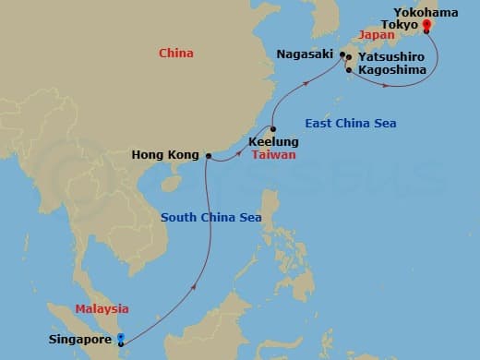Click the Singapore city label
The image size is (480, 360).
click(x=79, y=340)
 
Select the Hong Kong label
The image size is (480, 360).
click(x=167, y=155)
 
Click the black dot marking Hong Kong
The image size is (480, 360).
click(x=209, y=155)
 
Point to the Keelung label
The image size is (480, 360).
click(x=273, y=142)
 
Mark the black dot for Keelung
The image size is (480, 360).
click(x=273, y=129)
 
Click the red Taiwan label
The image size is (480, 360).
click(x=275, y=155)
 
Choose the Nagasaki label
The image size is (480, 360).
click(x=306, y=55)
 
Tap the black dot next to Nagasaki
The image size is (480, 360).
click(x=342, y=55)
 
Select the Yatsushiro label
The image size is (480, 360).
click(x=391, y=56)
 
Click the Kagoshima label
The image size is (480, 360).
click(x=390, y=70)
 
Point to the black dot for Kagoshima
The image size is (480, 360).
click(x=348, y=70)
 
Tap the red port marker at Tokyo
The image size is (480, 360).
click(x=426, y=28)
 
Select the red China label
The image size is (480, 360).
click(x=175, y=54)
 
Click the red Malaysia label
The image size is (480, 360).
click(x=102, y=308)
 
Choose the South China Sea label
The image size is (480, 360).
click(x=211, y=218)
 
